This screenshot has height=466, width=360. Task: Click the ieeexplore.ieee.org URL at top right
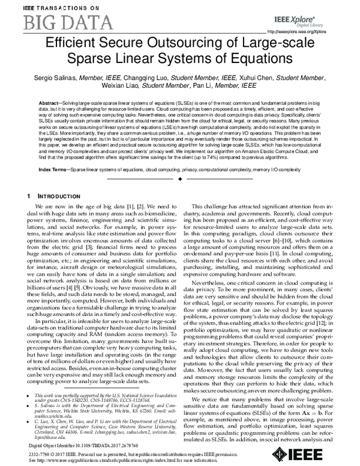(x=299, y=32)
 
